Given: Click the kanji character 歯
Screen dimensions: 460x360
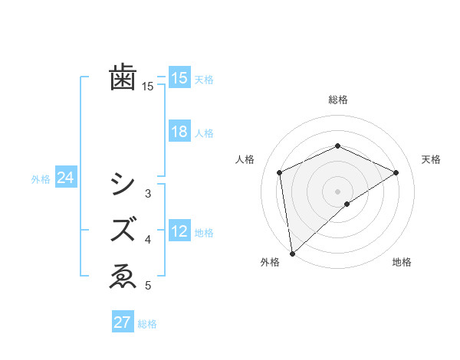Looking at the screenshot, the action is tap(123, 77).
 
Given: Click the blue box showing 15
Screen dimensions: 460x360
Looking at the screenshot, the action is tap(179, 77).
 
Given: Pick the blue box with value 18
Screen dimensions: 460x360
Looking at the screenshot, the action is tap(179, 132).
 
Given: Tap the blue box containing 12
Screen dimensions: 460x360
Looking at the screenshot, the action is tap(179, 231).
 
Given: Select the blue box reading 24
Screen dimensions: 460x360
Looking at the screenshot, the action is tap(65, 178).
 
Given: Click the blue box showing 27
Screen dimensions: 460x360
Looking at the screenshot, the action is tap(123, 322).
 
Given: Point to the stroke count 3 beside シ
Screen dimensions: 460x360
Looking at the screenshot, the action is tap(148, 194).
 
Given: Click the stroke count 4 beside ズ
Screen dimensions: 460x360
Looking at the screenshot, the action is tap(148, 240).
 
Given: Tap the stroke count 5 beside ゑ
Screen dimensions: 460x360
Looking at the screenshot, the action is tap(148, 286).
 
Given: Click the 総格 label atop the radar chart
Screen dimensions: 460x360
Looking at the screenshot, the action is tap(337, 100).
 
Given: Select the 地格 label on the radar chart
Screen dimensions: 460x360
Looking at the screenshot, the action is tap(402, 263).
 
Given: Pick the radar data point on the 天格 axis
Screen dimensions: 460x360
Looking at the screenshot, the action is tap(396, 172).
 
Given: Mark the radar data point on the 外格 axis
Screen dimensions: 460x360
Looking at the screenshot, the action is tap(292, 253).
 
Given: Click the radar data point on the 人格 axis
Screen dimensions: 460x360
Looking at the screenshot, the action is tap(280, 172).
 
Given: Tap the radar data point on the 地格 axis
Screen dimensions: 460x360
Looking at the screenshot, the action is tap(347, 204).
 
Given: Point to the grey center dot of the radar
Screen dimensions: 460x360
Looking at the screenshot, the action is tap(337, 191).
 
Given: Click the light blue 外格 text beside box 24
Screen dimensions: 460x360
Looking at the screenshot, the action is tap(41, 179).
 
